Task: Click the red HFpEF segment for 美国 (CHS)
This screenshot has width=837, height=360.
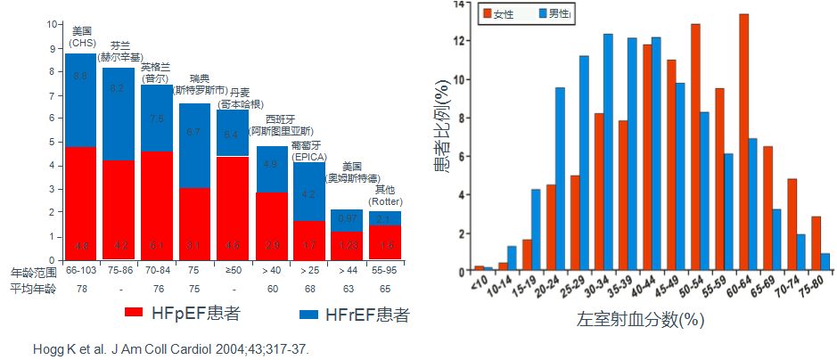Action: click(x=80, y=203)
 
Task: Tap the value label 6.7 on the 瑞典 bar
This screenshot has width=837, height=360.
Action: click(x=195, y=132)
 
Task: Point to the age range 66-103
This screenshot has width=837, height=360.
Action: click(x=80, y=270)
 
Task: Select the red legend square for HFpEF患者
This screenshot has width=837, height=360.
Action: click(x=134, y=314)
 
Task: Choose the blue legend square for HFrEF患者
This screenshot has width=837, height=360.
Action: click(x=308, y=314)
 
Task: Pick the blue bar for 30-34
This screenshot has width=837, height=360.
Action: click(x=608, y=152)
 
